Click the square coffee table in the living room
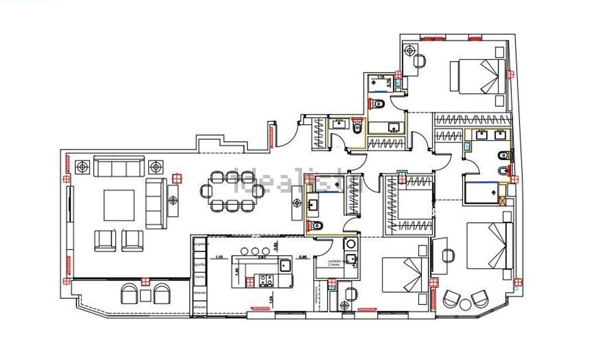click(119, 205)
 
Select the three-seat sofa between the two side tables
click(119, 166)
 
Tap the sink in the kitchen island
click(285, 265)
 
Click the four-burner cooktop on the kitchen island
click(266, 280)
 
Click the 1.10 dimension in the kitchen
click(219, 257)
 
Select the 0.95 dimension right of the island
click(304, 257)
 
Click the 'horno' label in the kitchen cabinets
click(200, 277)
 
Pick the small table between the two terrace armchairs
click(145, 296)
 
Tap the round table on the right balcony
click(465, 305)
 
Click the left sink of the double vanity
click(482, 135)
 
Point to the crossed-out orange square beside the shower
click(503, 201)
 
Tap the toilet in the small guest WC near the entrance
click(357, 127)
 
